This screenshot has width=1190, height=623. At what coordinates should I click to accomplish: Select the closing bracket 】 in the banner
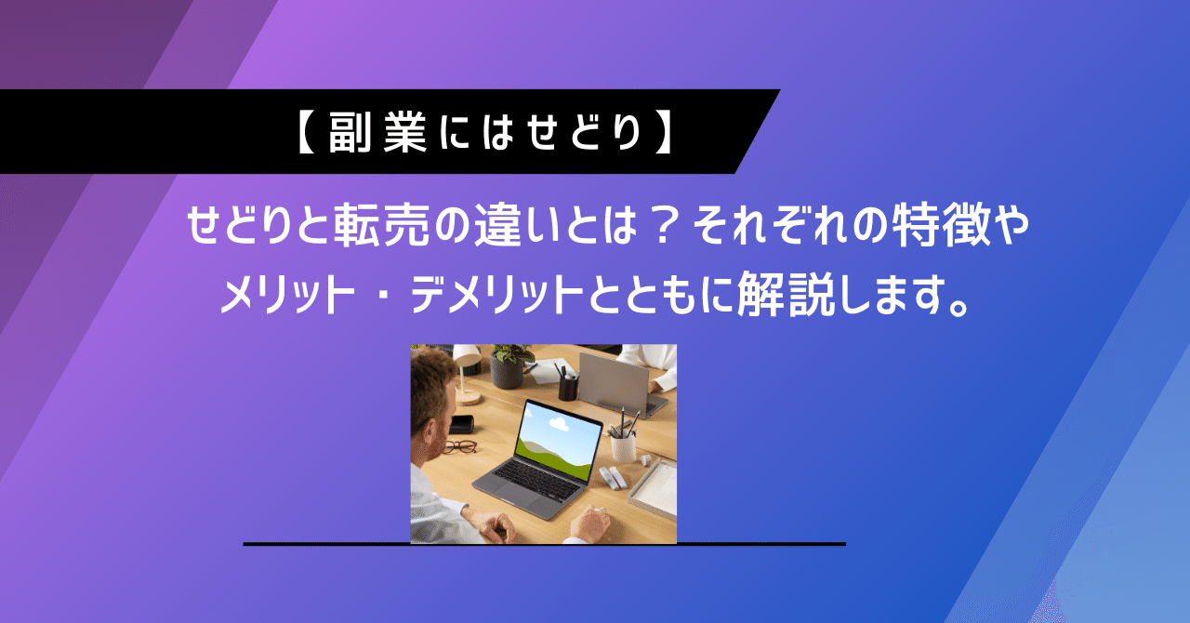point(664,133)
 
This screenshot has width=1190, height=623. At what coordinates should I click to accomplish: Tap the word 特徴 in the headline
point(933,227)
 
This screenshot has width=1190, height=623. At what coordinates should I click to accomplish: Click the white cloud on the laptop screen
point(558,424)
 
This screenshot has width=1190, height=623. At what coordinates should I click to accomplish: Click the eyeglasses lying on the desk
point(457,445)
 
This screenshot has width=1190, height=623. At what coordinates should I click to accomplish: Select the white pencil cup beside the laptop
point(623,447)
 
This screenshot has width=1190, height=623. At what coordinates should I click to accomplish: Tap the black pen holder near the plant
point(568,385)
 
